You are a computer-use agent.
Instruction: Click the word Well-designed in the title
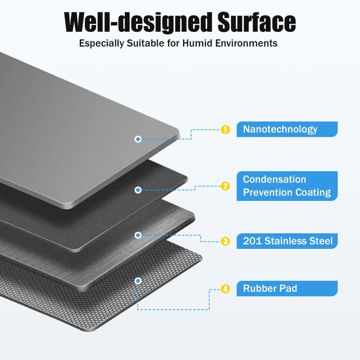coord(137,22)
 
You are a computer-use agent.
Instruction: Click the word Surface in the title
coord(257,22)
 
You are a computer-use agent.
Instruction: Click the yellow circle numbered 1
coord(225,130)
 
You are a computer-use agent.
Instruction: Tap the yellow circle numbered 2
coord(225,186)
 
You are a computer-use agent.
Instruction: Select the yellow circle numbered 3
coord(225,241)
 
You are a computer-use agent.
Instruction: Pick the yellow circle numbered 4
coord(225,289)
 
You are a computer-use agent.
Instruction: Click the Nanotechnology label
coord(287,129)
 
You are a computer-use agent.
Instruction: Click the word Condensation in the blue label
coord(274,179)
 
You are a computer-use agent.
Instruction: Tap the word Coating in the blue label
coord(313,193)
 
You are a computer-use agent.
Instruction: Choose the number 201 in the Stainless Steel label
coord(253,241)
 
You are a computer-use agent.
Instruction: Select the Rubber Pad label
coord(287,289)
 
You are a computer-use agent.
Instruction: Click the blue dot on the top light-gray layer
coord(138,139)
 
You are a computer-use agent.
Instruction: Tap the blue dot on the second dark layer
coord(138,190)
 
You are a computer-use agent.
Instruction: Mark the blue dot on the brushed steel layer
coord(138,235)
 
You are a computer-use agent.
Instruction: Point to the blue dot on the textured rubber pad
coord(138,281)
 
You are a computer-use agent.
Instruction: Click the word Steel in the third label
coord(321,241)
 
